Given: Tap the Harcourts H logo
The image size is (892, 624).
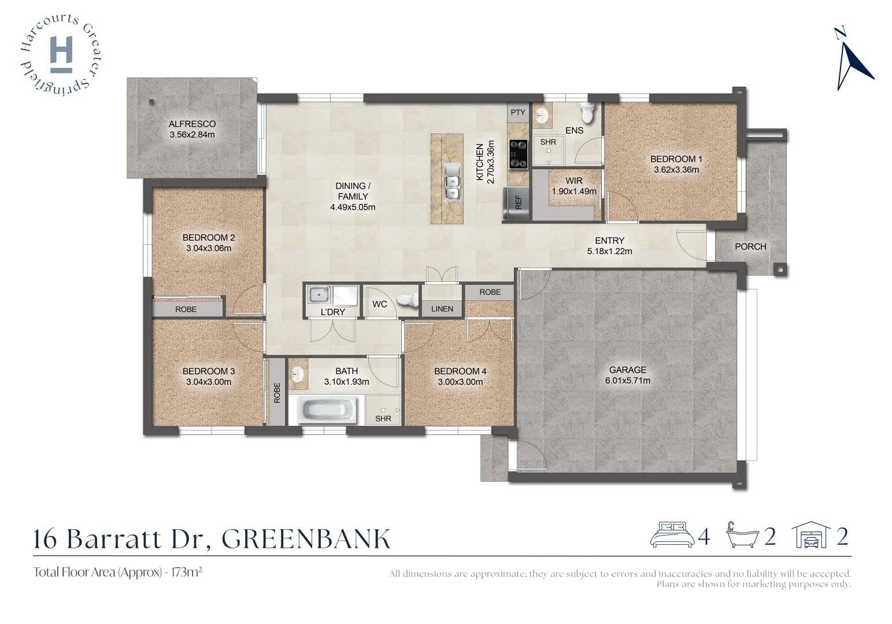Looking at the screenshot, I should point(61,54).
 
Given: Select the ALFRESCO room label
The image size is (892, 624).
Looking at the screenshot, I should point(192,124).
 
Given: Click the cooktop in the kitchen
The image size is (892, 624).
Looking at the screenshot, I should point(518,154).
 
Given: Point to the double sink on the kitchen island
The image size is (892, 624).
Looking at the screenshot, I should point(451,181).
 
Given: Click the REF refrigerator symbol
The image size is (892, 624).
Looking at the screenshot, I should point(517,203).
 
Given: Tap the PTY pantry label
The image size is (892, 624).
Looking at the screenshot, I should point(518,112).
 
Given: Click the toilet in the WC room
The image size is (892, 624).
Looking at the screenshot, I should point(409,300).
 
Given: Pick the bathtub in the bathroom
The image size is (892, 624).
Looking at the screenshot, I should point(328,411).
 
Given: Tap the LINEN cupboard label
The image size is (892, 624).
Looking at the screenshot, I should point(442,309).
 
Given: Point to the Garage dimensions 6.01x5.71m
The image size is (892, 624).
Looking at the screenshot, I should point(627,381).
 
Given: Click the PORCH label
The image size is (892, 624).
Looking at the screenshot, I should point(750,247).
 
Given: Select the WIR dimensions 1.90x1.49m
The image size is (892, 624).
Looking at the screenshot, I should point(573,191).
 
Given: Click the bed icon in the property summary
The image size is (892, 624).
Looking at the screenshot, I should point(672,535).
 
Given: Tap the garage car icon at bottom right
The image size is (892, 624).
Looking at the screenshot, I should point(810,536).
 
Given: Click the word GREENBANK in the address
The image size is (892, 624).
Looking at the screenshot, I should point(306,538).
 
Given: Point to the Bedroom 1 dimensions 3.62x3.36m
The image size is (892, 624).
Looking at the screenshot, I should point(676,170).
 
